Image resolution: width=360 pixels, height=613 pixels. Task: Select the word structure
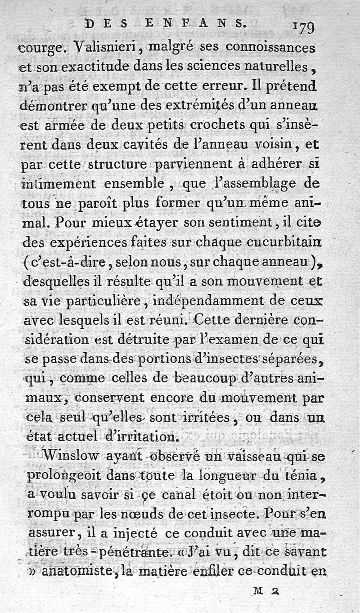coord(117,166)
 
